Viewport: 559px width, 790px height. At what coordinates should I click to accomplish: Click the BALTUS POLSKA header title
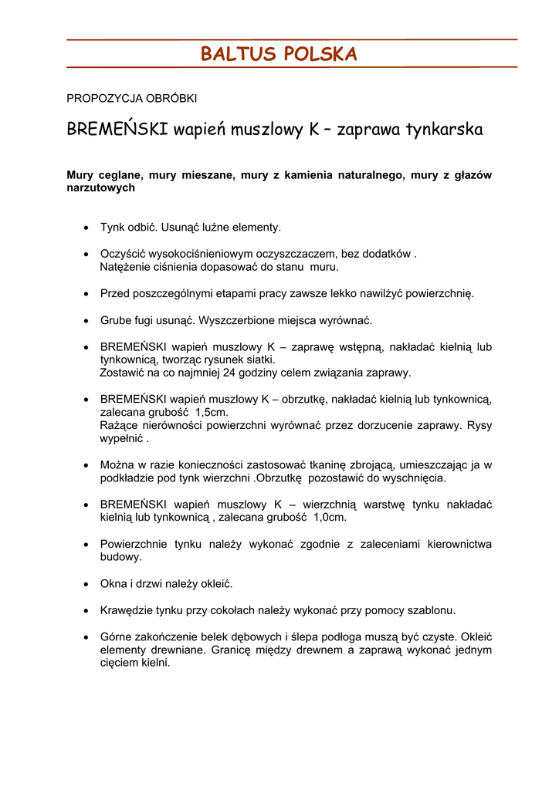279,54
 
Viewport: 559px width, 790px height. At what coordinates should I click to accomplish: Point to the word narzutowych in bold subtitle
100,187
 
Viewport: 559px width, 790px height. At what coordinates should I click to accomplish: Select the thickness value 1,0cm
330,518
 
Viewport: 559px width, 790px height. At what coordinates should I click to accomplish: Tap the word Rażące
118,425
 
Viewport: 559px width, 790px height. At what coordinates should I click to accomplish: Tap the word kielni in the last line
154,663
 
